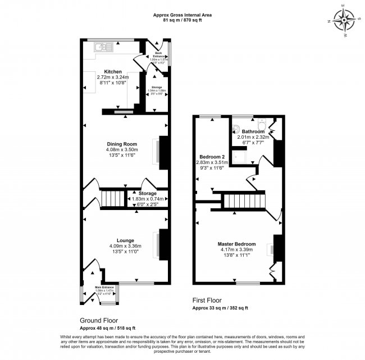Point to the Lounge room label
point(125,240)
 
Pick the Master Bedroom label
point(236,244)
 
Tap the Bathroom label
point(253,131)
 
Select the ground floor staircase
point(113,198)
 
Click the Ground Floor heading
point(98,320)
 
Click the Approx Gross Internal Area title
point(182,13)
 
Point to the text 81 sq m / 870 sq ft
point(182,20)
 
